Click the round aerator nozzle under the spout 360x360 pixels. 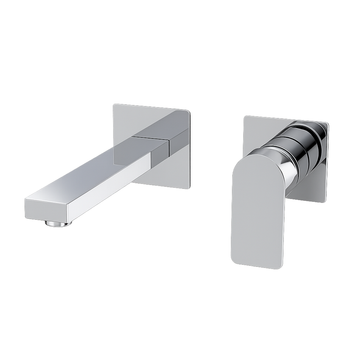coord(58,224)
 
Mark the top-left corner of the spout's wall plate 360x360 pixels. coord(114,105)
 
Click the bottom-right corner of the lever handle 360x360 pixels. coord(281,267)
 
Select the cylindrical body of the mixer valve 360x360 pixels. coord(299,148)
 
